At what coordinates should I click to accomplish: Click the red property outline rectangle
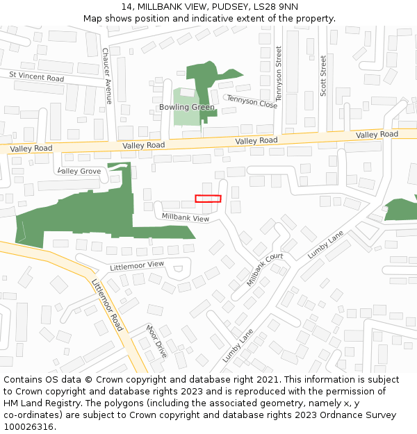[x=208, y=199]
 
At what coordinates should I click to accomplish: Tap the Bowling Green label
[x=187, y=107]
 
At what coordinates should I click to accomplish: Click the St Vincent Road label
[x=36, y=76]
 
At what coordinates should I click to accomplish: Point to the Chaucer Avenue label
[x=107, y=76]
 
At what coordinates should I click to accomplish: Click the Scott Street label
[x=323, y=76]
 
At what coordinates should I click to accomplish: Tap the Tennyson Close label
[x=252, y=101]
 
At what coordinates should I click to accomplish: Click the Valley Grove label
[x=79, y=171]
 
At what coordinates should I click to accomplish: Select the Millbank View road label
[x=186, y=217]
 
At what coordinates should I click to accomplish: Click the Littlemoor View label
[x=137, y=265]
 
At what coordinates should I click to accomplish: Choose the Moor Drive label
[x=156, y=340]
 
